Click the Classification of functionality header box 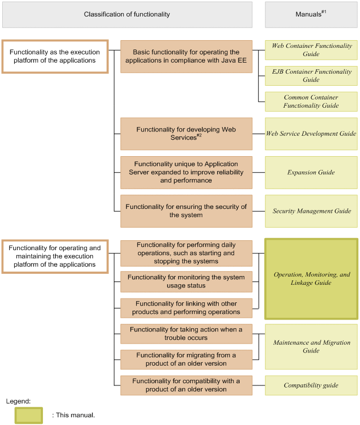pyautogui.click(x=127, y=14)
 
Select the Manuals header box pyautogui.click(x=311, y=14)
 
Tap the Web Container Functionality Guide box pyautogui.click(x=311, y=50)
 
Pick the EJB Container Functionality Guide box pyautogui.click(x=311, y=76)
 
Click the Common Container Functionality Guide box pyautogui.click(x=311, y=102)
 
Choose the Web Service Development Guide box pyautogui.click(x=311, y=134)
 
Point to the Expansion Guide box pyautogui.click(x=311, y=173)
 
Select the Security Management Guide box pyautogui.click(x=311, y=211)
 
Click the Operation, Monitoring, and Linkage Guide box pyautogui.click(x=311, y=279)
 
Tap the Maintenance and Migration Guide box pyautogui.click(x=311, y=346)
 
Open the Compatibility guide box pyautogui.click(x=311, y=385)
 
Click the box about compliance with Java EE pyautogui.click(x=186, y=56)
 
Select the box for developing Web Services pyautogui.click(x=186, y=134)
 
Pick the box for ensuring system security pyautogui.click(x=186, y=211)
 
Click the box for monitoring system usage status pyautogui.click(x=186, y=282)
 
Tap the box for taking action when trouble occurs pyautogui.click(x=186, y=333)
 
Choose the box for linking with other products pyautogui.click(x=186, y=308)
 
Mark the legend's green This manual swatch pyautogui.click(x=29, y=415)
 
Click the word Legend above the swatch pyautogui.click(x=18, y=401)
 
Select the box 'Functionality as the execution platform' pyautogui.click(x=54, y=56)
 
